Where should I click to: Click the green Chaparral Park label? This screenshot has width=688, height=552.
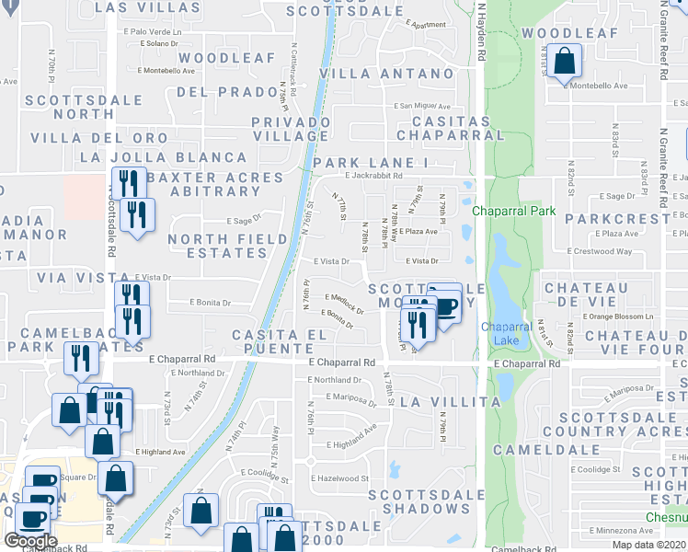[514, 211]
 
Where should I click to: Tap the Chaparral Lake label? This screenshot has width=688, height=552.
[499, 333]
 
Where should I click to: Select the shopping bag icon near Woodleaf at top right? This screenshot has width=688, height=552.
[567, 63]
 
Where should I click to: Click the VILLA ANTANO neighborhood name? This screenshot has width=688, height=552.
[386, 74]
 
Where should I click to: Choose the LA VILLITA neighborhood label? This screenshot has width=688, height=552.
[451, 402]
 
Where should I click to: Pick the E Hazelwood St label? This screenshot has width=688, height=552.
[340, 478]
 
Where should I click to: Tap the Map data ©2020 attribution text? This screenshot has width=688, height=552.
[650, 545]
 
